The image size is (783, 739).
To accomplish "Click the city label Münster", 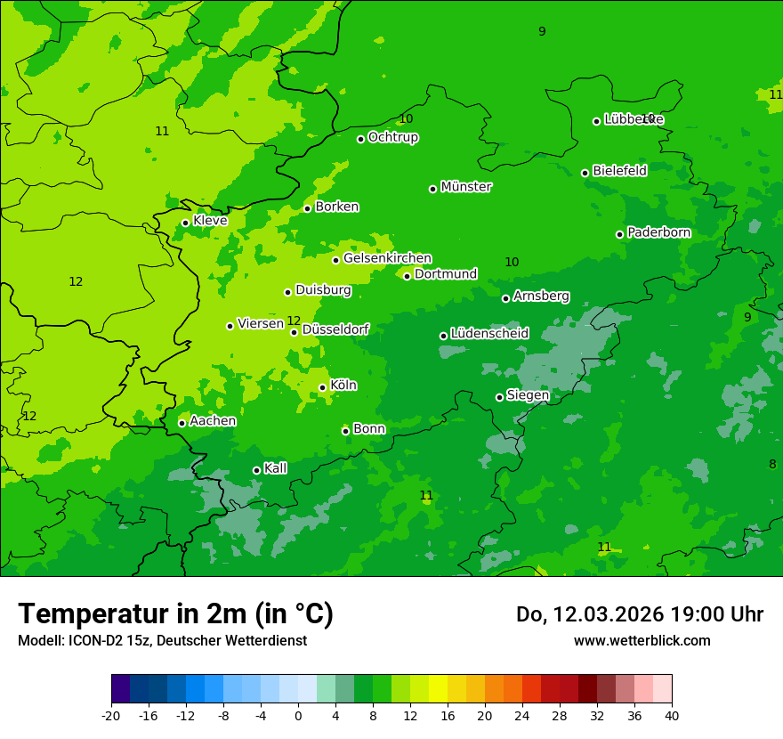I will [466, 187].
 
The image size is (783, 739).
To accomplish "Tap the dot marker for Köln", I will [322, 387].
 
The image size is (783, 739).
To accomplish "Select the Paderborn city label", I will [659, 232].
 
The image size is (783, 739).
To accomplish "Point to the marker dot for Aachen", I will [182, 423].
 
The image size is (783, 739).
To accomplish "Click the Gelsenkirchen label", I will [387, 258].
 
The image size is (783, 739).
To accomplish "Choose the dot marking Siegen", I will [499, 397].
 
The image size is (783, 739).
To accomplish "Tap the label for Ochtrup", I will [393, 137].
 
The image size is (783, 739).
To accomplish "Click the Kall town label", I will [276, 468].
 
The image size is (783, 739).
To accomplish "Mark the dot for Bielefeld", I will [585, 173].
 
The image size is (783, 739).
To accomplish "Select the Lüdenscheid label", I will [489, 334].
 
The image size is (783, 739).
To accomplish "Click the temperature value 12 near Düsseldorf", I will [294, 321].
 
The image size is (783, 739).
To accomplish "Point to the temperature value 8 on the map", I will [772, 464].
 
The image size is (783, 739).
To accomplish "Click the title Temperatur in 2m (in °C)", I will [175, 613].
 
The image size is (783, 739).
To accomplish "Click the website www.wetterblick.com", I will [642, 640].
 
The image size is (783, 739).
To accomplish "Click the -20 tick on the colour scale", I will [111, 716].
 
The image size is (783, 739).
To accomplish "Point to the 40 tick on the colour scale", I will [672, 716].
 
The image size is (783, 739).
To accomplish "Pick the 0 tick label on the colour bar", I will [298, 716].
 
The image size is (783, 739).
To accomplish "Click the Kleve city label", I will [210, 220].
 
